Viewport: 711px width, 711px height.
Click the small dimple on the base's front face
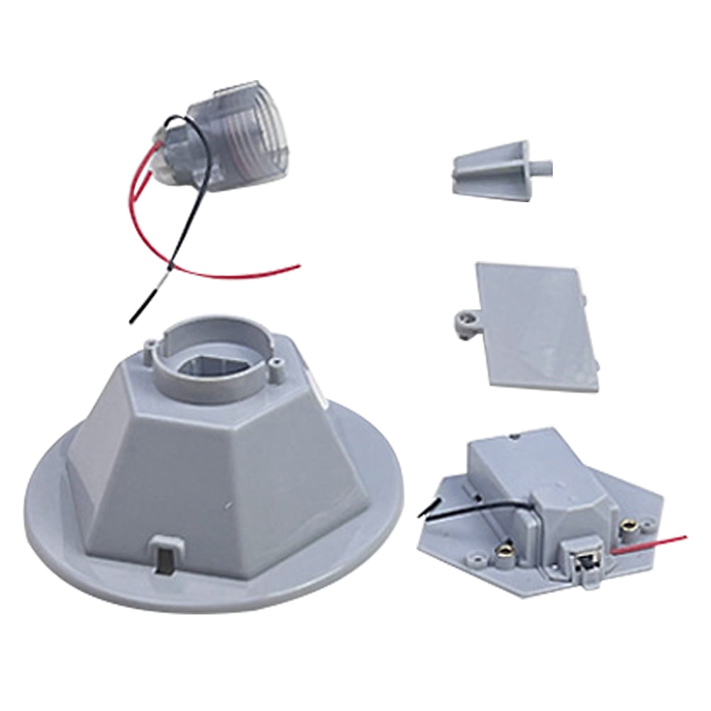228,505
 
